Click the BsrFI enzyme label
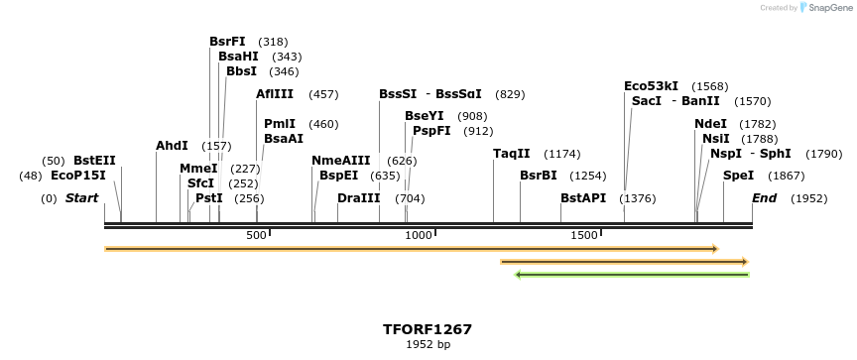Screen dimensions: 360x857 (227, 42)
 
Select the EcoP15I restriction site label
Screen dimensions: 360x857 (77, 176)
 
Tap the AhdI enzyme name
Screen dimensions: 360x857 (172, 146)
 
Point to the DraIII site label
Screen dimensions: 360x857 (358, 198)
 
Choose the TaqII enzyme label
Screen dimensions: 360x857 (512, 154)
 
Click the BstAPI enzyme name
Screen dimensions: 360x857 (583, 198)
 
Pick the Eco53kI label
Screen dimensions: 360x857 (652, 86)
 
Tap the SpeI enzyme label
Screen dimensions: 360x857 (738, 176)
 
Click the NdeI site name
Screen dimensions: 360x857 (710, 124)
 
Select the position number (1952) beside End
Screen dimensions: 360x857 (808, 198)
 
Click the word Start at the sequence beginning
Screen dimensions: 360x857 (81, 198)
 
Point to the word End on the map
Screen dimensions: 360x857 (764, 198)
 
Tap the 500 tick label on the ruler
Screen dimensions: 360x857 (256, 235)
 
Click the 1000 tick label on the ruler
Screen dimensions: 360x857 (419, 235)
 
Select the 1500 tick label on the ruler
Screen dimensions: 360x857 (584, 235)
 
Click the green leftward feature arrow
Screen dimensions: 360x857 (631, 274)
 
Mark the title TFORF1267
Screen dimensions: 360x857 (428, 329)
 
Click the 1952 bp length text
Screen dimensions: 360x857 (428, 345)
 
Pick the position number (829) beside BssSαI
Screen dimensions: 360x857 (510, 94)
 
